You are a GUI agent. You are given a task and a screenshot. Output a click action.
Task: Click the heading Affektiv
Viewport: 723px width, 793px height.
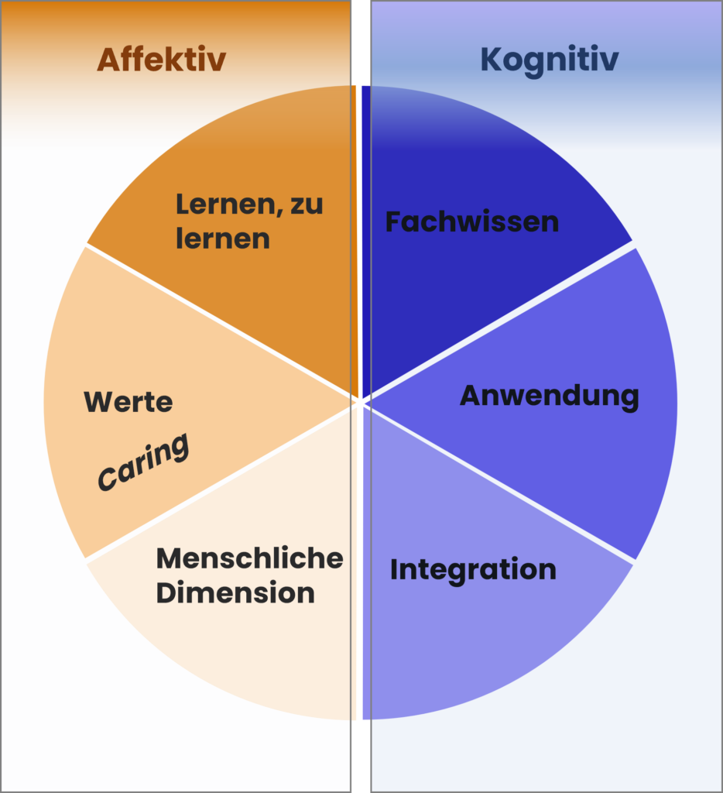(x=161, y=59)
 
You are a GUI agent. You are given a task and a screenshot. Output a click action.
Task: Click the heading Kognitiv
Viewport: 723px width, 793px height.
(x=550, y=60)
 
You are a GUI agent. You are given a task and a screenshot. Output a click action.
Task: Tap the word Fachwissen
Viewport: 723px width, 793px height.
(x=472, y=221)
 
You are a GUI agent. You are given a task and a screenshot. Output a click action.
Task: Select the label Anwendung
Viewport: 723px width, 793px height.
(x=550, y=396)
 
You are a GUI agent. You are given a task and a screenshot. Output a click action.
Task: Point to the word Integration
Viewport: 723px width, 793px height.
(x=473, y=570)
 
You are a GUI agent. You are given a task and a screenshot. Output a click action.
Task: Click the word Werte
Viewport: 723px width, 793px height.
(x=128, y=402)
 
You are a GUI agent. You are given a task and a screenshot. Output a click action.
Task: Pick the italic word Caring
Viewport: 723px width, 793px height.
(x=143, y=462)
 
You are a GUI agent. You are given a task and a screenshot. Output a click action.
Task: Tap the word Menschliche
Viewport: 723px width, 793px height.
(x=250, y=558)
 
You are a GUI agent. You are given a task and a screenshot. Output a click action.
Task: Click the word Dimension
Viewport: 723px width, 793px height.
(x=235, y=592)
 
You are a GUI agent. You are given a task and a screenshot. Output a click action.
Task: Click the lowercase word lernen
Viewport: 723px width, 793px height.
(x=223, y=239)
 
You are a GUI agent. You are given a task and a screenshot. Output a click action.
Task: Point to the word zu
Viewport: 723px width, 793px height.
(x=307, y=204)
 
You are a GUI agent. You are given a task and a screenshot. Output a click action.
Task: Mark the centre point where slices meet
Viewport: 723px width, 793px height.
(x=360, y=403)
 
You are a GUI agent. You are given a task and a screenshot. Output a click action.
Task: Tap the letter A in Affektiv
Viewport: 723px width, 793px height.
(x=108, y=59)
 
